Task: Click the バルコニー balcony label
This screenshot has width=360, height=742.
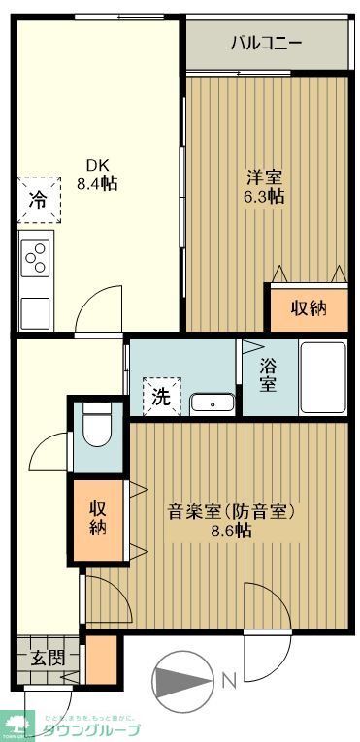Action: point(266,43)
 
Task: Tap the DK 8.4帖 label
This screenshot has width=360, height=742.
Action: point(96,174)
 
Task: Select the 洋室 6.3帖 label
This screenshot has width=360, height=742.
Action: point(264,186)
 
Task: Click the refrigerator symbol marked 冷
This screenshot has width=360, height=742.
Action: point(37,201)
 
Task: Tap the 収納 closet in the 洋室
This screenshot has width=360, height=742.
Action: point(308,307)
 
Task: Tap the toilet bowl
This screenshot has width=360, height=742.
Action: point(97,427)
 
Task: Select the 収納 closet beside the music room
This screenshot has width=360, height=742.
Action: point(98,520)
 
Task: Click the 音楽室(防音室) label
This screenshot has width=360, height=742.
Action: point(231,511)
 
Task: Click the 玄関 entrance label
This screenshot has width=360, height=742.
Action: point(40,657)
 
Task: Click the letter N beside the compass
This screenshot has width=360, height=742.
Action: point(230,681)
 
